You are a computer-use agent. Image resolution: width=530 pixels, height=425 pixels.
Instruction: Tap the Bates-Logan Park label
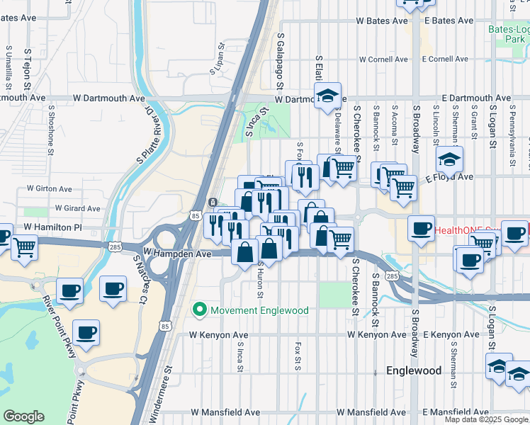pyautogui.click(x=509, y=35)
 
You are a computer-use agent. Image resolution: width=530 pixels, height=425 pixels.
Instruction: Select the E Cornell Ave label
pyautogui.click(x=446, y=59)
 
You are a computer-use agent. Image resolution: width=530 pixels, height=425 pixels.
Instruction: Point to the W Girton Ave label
pyautogui.click(x=50, y=189)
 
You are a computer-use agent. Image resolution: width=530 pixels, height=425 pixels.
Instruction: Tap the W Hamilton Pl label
pyautogui.click(x=53, y=227)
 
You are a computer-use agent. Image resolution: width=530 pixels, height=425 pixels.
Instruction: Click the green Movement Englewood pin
pyautogui.click(x=200, y=310)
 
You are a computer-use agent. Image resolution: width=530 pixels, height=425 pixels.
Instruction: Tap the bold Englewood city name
pyautogui.click(x=414, y=370)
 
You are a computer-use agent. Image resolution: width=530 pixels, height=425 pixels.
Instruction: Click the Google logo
pyautogui.click(x=23, y=416)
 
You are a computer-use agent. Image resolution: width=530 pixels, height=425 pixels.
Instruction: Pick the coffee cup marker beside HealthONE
pyautogui.click(x=422, y=229)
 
